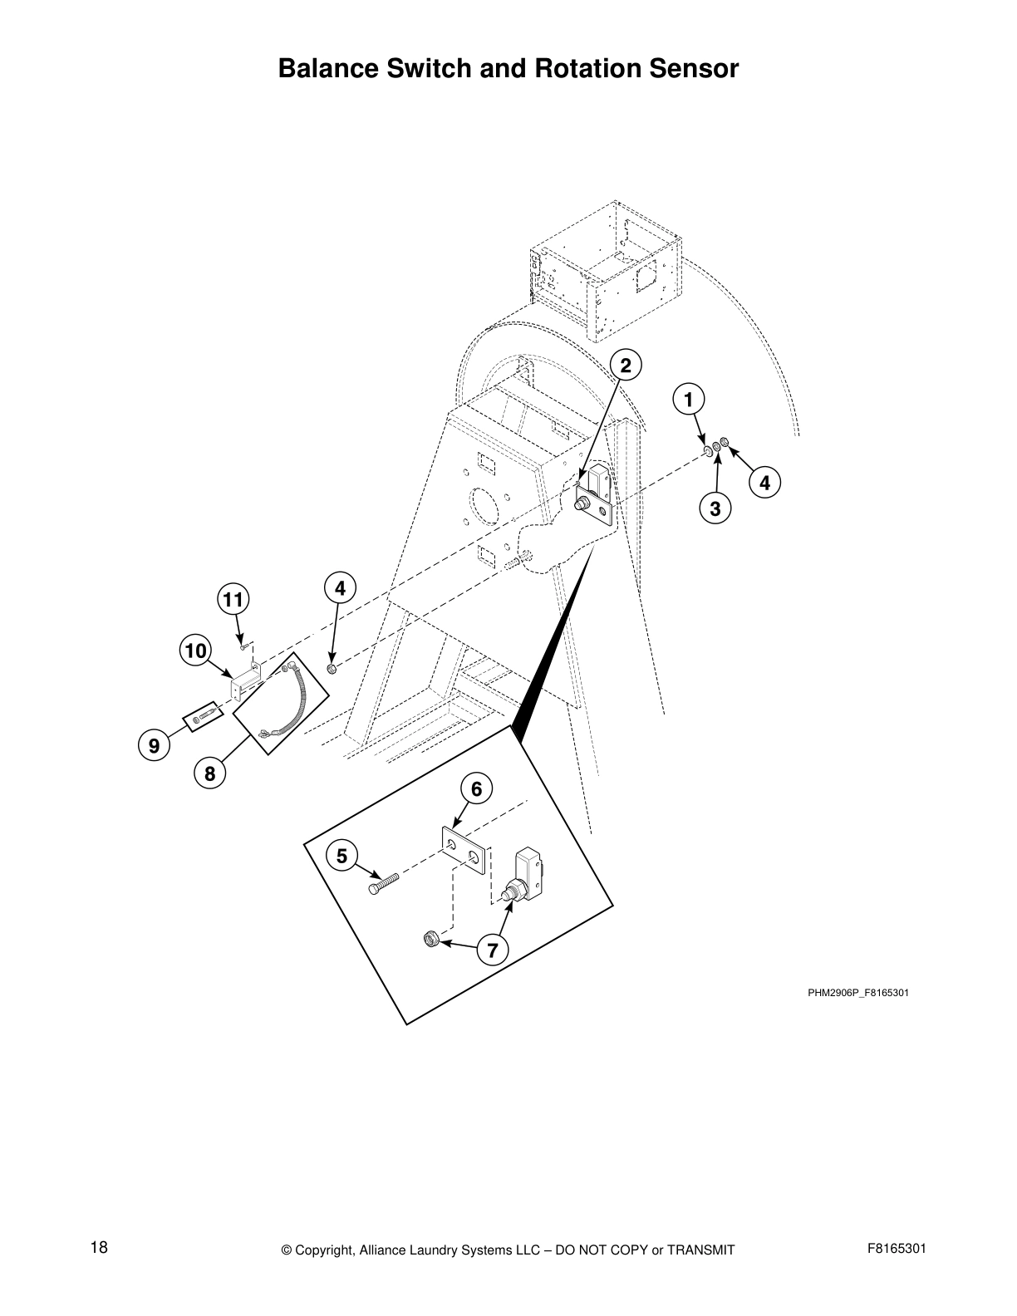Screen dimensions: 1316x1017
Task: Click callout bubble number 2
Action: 626,364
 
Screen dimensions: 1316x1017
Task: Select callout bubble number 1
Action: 688,399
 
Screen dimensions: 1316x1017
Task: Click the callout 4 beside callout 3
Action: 764,483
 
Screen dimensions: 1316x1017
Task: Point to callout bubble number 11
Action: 234,598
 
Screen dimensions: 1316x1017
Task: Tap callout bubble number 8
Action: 209,773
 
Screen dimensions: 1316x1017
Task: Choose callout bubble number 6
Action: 476,788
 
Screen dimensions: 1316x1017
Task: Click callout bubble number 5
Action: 341,855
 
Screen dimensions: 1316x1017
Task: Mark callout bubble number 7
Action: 492,950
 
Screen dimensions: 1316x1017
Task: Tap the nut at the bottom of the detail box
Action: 430,940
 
